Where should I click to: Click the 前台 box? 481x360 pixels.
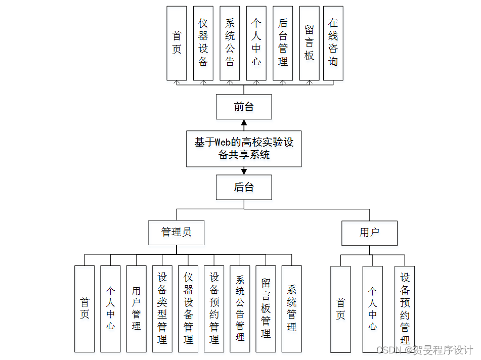[244, 107]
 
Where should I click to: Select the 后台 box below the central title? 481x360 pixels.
[244, 187]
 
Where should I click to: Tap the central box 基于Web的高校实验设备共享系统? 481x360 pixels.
[244, 148]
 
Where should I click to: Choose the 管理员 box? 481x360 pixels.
[176, 233]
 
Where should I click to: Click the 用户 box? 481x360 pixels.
[369, 233]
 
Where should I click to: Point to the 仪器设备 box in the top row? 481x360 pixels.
[203, 43]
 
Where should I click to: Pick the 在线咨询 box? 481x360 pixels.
[333, 43]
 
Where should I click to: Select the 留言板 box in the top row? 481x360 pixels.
[309, 43]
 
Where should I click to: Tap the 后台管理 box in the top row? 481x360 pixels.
[283, 43]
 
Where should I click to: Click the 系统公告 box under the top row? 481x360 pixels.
[230, 43]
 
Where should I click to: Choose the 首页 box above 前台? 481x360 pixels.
[177, 43]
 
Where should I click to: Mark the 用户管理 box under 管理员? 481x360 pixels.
[136, 308]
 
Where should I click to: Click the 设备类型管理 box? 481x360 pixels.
[162, 308]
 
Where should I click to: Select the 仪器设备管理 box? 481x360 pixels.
[188, 308]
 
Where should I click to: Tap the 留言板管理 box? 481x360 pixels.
[266, 308]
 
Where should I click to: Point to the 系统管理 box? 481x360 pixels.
[291, 308]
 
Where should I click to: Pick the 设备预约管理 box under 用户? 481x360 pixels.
[405, 308]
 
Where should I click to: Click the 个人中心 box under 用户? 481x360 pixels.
[372, 308]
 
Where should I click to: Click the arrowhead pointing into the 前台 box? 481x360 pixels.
[244, 123]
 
